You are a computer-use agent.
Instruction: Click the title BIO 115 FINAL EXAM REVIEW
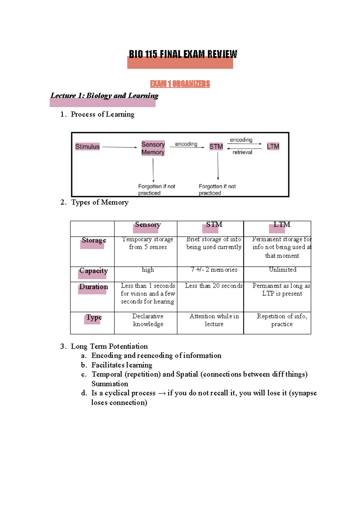(x=183, y=54)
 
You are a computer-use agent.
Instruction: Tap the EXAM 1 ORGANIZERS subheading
(x=180, y=84)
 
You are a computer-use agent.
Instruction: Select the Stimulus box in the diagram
(x=87, y=147)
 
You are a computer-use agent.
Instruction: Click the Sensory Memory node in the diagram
(x=153, y=148)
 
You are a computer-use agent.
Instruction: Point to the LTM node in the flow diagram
(x=273, y=146)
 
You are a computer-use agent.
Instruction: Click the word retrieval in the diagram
(x=242, y=152)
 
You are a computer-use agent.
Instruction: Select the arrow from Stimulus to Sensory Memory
(x=120, y=147)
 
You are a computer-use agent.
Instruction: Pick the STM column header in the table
(x=214, y=225)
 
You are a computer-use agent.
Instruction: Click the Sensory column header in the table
(x=148, y=225)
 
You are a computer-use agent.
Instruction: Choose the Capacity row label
(x=94, y=271)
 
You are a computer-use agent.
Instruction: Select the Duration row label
(x=94, y=287)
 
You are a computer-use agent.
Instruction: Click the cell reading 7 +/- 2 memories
(x=214, y=270)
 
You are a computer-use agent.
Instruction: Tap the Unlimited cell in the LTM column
(x=283, y=270)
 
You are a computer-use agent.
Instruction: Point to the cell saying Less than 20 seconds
(x=214, y=286)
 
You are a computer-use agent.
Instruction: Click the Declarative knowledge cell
(x=148, y=320)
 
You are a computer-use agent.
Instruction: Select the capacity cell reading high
(x=148, y=270)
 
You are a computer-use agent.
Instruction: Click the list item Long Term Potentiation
(x=109, y=347)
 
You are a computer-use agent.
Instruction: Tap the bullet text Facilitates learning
(x=122, y=365)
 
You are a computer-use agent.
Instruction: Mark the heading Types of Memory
(x=100, y=202)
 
